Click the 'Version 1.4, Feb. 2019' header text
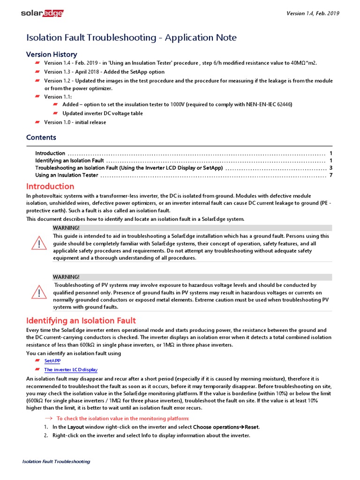(313, 13)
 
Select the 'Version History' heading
(52, 54)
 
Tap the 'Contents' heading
(41, 137)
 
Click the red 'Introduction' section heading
(50, 187)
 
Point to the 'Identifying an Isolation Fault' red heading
(81, 321)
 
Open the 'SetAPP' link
(52, 361)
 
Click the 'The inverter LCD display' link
(71, 370)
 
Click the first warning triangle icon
(39, 244)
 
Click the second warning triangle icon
(39, 293)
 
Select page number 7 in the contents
(330, 175)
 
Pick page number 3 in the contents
(330, 168)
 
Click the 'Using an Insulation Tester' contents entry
(67, 175)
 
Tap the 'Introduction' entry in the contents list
(50, 153)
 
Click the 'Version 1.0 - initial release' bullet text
(75, 122)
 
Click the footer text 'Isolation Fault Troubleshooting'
(56, 462)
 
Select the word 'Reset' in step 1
(252, 427)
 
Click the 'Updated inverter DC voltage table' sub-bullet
(103, 113)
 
